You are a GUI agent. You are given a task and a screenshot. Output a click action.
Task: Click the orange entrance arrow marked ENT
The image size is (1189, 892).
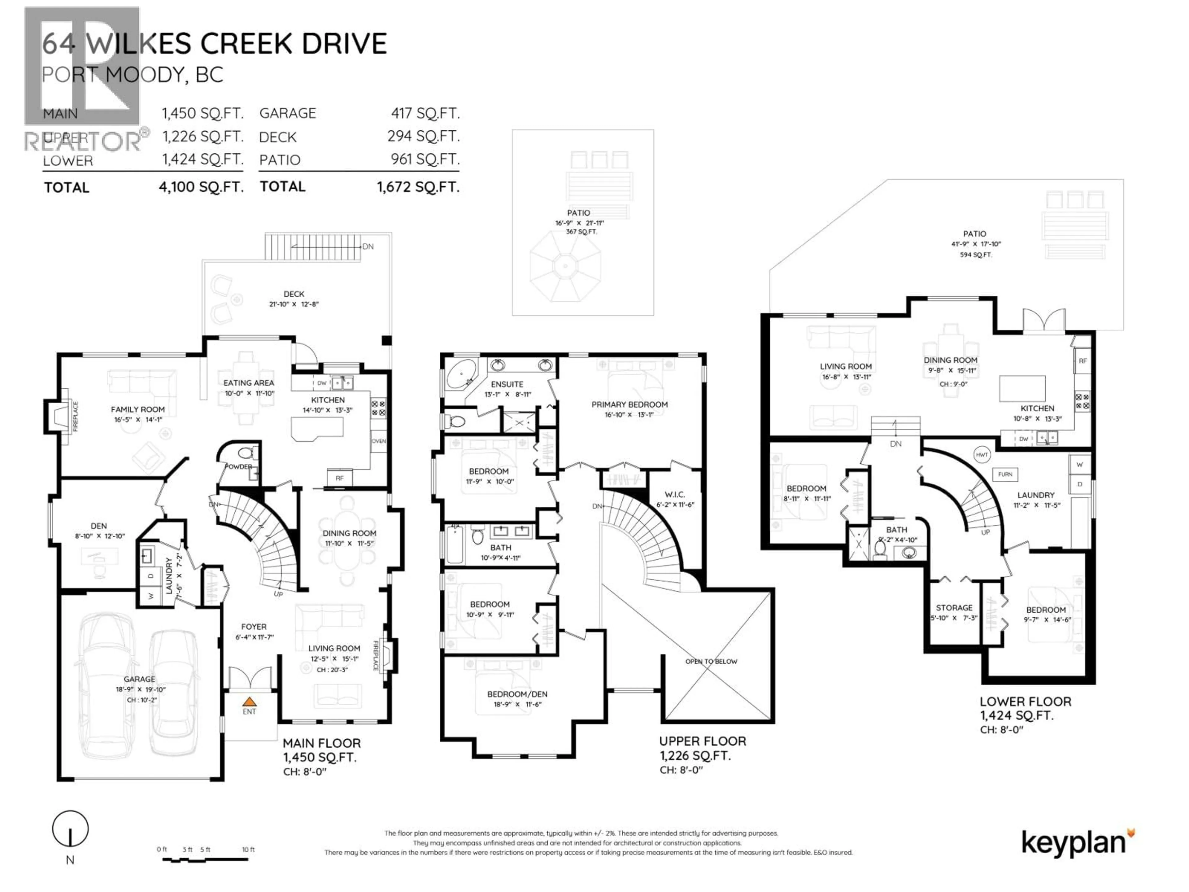click(249, 701)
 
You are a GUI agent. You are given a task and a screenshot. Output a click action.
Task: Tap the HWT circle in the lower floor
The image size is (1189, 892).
click(982, 455)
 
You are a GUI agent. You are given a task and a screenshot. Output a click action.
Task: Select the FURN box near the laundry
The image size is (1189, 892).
click(1005, 474)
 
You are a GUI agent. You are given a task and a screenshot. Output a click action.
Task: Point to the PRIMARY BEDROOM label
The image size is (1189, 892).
click(629, 404)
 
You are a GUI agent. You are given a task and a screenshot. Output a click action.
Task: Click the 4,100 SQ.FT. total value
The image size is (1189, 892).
click(201, 187)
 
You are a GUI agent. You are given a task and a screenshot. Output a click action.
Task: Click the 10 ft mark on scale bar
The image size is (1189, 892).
click(248, 850)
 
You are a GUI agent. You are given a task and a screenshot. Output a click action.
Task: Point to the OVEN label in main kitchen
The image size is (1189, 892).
click(378, 441)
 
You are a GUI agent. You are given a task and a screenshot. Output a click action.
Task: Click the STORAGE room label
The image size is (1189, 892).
click(954, 608)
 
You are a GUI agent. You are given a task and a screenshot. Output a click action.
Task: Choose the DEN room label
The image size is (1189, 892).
click(98, 526)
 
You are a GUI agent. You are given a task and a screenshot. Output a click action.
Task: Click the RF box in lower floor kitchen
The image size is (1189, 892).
click(1082, 361)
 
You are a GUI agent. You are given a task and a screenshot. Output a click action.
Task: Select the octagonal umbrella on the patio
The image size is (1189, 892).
click(565, 266)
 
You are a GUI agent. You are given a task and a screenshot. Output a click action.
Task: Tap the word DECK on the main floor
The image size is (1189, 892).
click(294, 294)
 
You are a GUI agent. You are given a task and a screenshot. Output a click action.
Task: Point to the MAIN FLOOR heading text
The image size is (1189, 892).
click(321, 743)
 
